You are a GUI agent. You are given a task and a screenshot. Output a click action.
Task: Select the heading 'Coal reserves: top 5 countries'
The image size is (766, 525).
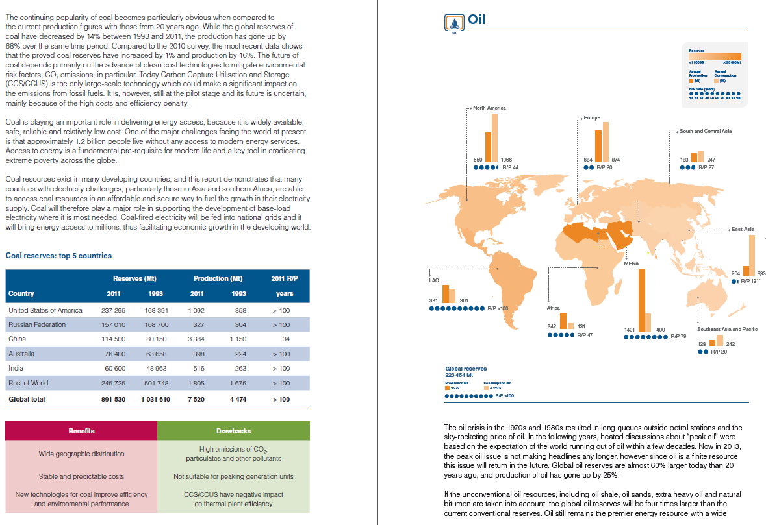pyautogui.click(x=58, y=256)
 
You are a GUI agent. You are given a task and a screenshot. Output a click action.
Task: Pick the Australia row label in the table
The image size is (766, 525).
pyautogui.click(x=21, y=354)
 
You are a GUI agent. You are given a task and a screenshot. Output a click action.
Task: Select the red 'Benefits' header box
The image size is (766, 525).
pyautogui.click(x=81, y=431)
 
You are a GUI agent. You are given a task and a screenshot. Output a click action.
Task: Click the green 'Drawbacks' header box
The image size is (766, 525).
pyautogui.click(x=233, y=431)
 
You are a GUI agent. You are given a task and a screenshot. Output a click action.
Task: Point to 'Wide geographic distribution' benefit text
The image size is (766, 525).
pyautogui.click(x=81, y=454)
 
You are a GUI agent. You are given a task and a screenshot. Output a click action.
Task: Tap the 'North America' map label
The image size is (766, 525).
pyautogui.click(x=489, y=108)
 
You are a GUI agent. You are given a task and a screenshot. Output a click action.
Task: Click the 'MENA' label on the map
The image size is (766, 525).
pyautogui.click(x=631, y=263)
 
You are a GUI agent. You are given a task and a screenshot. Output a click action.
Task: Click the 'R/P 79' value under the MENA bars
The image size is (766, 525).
pyautogui.click(x=678, y=336)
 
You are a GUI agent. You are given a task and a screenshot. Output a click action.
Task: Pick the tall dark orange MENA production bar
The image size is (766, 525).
pyautogui.click(x=641, y=300)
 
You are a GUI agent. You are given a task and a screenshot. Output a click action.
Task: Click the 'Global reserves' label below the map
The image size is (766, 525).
pyautogui.click(x=462, y=369)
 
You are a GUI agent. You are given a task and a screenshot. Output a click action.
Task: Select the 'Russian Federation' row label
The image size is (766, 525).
pyautogui.click(x=37, y=324)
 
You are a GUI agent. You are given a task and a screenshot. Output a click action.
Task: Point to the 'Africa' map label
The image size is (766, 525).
pyautogui.click(x=554, y=307)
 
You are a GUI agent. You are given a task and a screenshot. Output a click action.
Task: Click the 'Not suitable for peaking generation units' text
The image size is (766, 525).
pyautogui.click(x=233, y=476)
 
